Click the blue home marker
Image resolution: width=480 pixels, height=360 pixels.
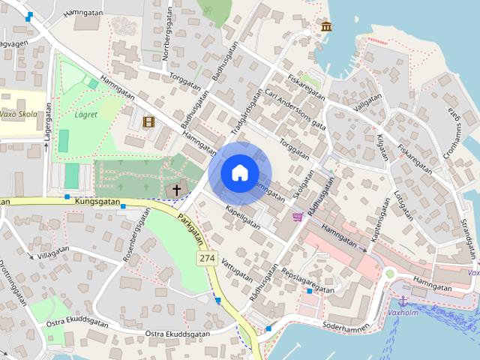click(239, 172)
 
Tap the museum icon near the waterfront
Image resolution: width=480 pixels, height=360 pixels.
click(326, 28)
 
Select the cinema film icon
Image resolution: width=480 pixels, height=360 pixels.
click(148, 121)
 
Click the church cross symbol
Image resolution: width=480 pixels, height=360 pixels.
click(178, 190)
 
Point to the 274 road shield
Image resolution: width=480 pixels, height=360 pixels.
click(208, 258)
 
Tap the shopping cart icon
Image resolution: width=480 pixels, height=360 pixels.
click(298, 217)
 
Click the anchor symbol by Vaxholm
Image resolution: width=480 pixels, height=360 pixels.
click(401, 300)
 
